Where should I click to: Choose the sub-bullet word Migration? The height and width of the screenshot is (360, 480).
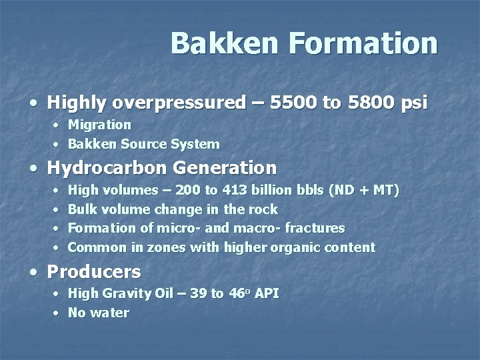coord(99,125)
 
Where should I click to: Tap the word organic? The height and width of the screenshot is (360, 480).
coord(299,247)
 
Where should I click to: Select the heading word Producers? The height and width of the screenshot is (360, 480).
coord(94,272)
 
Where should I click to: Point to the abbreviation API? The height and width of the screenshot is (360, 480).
coord(266,293)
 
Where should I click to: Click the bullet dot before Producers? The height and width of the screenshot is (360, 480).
coord(33,273)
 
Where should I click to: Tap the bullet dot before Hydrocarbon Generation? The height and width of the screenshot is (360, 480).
coord(33,167)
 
